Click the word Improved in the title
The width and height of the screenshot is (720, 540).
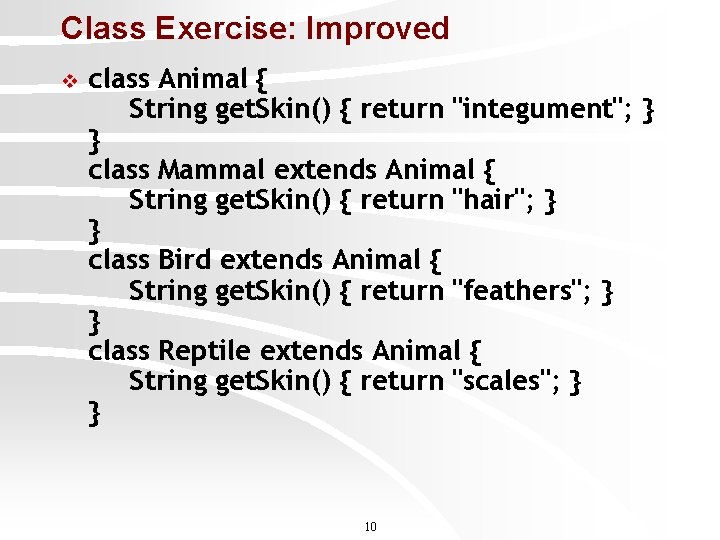coord(378,28)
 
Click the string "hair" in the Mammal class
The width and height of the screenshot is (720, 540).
coord(493,199)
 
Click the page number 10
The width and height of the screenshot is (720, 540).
coord(370,527)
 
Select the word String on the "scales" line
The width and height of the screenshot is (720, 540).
coord(169,381)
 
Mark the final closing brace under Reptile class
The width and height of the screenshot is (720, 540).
coord(95,411)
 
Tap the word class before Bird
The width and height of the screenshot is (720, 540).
coord(120,260)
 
